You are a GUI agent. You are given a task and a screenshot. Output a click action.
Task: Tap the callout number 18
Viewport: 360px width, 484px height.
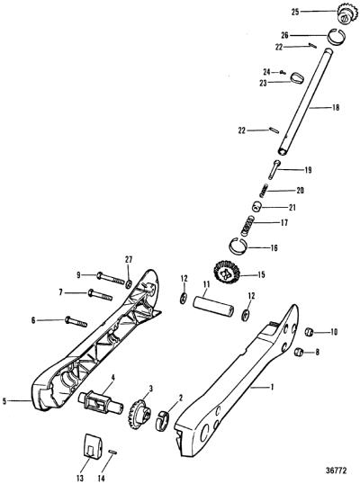point(336,107)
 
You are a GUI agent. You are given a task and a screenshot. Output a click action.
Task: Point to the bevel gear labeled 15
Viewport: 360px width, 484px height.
point(227,271)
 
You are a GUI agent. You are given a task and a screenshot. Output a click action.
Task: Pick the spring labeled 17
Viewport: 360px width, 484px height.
point(247,226)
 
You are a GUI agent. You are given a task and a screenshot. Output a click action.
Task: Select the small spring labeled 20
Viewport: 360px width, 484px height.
point(264,190)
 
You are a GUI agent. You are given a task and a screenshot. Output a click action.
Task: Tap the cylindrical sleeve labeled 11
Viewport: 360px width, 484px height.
point(213,306)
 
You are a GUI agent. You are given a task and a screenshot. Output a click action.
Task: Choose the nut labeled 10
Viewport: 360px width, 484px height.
point(309,332)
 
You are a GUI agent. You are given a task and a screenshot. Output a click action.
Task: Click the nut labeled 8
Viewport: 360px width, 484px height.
point(299,352)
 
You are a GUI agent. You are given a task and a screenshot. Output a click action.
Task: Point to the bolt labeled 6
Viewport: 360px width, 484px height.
point(76,322)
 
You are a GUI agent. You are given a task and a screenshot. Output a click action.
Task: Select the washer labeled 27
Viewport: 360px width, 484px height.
point(129,282)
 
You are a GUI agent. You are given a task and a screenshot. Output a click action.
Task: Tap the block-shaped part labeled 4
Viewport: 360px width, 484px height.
point(102,403)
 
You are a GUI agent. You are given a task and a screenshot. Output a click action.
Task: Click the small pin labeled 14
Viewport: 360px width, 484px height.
point(112,452)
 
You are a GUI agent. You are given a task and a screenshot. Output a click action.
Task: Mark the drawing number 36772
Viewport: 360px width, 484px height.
point(337,471)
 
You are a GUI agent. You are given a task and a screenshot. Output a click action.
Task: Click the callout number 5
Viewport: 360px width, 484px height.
point(4,401)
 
